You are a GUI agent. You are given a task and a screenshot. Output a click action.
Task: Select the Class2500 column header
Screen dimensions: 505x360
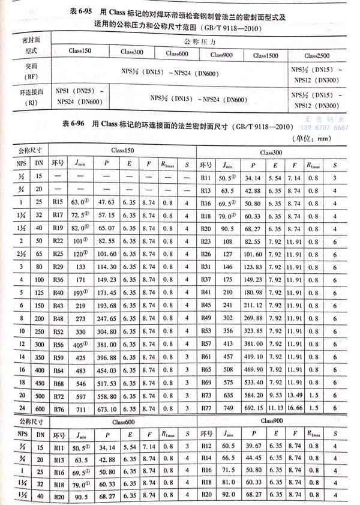[318, 55]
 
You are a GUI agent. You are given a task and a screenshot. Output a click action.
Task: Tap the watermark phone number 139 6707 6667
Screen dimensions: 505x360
[324, 127]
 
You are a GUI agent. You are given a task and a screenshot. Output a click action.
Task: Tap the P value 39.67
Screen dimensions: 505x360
[254, 448]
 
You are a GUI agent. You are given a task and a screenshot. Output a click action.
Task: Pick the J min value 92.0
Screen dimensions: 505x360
[229, 495]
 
